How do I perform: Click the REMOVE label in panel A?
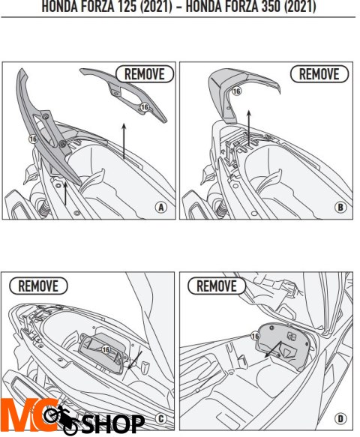click(x=145, y=73)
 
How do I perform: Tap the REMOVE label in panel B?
click(x=319, y=73)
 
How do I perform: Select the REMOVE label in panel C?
click(x=37, y=286)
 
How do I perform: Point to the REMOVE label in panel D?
click(x=216, y=286)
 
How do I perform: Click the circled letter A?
click(x=160, y=206)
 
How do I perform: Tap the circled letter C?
click(x=160, y=418)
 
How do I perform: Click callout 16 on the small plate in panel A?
click(x=144, y=108)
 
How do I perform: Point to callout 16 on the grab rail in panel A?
click(x=33, y=139)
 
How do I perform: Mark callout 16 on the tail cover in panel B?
click(x=236, y=91)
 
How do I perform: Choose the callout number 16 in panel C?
click(x=106, y=349)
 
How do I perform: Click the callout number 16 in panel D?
click(x=256, y=337)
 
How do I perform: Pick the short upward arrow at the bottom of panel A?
click(x=65, y=194)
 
